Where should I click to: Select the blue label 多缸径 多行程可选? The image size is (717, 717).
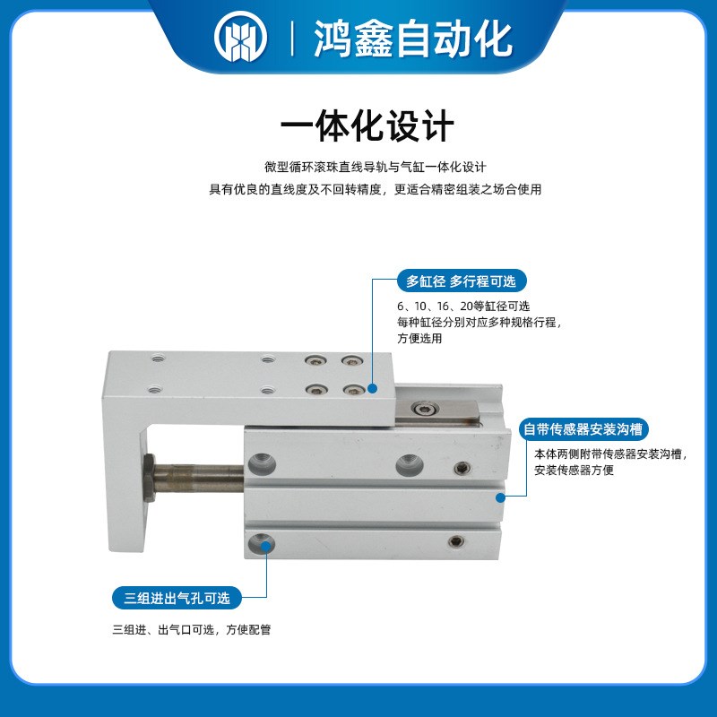tap(462, 281)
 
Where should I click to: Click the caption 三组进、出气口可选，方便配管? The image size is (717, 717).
tap(191, 629)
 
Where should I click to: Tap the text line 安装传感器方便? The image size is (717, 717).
tap(574, 470)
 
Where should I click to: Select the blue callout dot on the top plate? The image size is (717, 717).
tap(371, 388)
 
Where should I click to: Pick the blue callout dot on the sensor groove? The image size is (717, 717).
tap(500, 494)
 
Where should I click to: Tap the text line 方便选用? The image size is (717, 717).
tap(419, 338)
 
